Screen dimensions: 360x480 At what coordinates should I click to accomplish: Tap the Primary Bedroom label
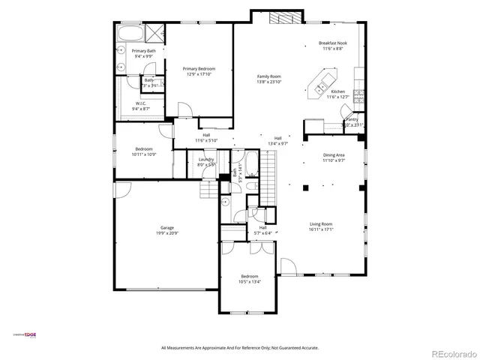(x=199, y=68)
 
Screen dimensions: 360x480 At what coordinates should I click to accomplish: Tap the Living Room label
(x=324, y=223)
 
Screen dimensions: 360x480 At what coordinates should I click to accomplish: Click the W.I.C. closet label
(x=141, y=103)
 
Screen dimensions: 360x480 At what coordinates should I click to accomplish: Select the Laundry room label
(x=206, y=159)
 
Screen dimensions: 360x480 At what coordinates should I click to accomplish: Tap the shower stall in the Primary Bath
(x=156, y=32)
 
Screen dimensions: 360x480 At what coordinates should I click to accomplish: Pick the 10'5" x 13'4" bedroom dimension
(x=250, y=281)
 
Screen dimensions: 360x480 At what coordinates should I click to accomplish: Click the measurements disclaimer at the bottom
(x=240, y=347)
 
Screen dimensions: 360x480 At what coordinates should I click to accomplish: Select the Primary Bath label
(x=133, y=51)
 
